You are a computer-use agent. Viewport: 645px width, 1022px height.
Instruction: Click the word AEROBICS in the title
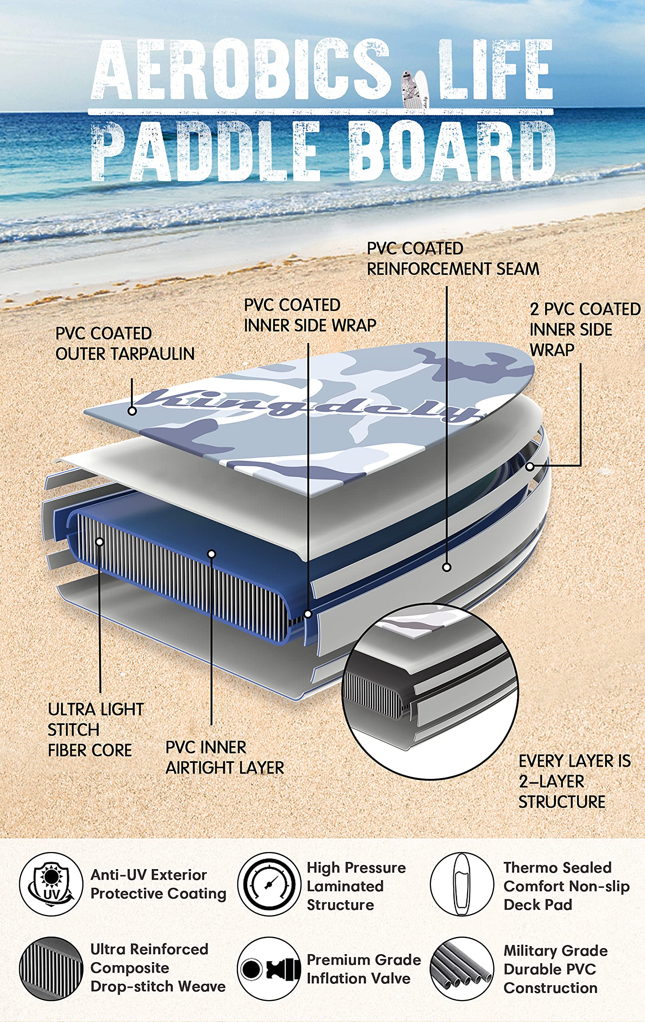click(241, 69)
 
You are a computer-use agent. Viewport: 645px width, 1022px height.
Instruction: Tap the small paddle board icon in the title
click(414, 89)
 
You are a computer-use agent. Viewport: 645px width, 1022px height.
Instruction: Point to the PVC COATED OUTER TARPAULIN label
click(125, 344)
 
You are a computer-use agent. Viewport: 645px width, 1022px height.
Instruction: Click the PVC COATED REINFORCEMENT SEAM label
click(452, 259)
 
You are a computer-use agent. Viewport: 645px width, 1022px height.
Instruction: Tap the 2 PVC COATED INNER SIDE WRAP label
click(585, 329)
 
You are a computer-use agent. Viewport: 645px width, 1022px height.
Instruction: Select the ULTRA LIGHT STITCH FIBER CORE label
click(95, 730)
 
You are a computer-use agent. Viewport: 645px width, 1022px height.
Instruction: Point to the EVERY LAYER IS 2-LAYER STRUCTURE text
click(575, 781)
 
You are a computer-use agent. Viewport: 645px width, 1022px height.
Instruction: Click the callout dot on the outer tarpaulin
click(132, 411)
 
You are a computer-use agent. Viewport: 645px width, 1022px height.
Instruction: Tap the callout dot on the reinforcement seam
click(446, 567)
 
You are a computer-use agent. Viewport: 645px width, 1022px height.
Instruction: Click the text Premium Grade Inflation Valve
click(364, 969)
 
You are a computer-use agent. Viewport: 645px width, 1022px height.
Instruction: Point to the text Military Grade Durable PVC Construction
click(556, 969)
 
